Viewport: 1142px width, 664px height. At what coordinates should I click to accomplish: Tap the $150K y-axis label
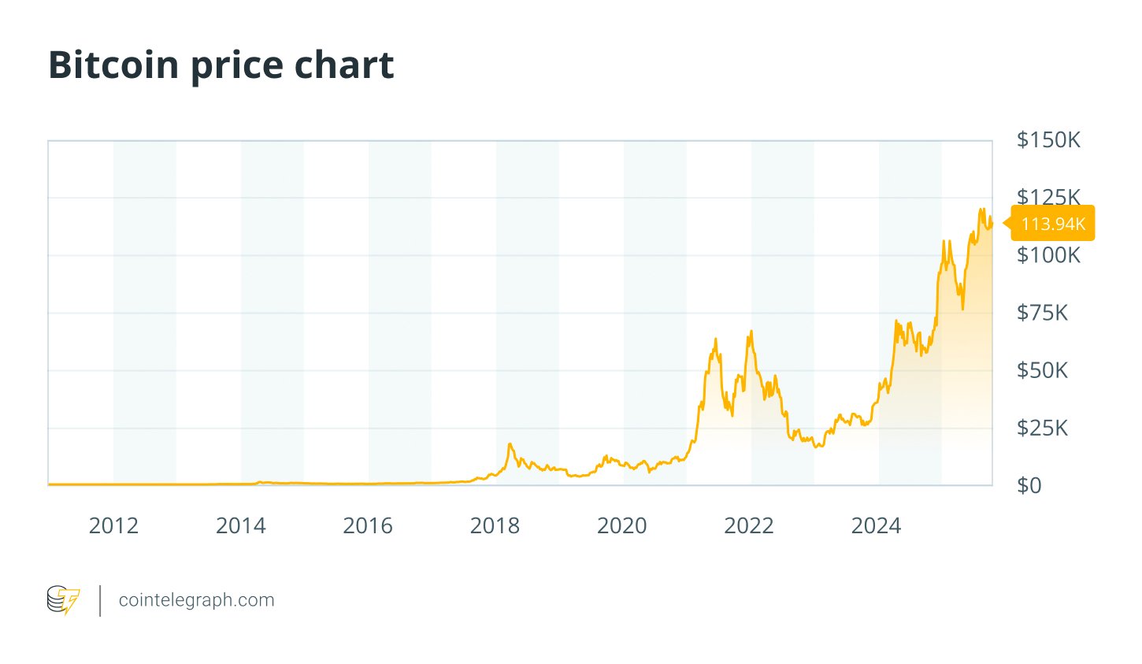point(1048,140)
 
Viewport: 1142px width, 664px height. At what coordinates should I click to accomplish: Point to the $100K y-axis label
point(1048,255)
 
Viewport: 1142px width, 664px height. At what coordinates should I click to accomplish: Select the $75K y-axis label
point(1042,313)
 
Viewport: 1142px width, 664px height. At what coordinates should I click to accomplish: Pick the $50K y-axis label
point(1042,370)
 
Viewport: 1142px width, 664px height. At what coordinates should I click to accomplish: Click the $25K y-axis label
point(1042,428)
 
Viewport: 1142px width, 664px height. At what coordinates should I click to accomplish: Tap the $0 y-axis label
point(1029,485)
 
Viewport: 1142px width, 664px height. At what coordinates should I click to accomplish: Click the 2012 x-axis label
point(113,526)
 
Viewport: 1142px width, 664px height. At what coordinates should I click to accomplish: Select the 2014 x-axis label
point(241,526)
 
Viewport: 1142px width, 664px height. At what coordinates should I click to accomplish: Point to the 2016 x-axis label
point(368,526)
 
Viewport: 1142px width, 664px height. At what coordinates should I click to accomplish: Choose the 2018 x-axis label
point(495,526)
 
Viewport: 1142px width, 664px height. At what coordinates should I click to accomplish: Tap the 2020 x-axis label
point(622,526)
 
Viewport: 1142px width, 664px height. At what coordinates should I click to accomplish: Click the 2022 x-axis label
point(749,526)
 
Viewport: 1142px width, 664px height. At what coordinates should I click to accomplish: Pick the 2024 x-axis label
point(876,526)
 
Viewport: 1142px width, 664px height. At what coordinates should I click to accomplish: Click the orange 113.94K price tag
point(1053,224)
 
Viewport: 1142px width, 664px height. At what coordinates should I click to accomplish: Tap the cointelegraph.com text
point(196,600)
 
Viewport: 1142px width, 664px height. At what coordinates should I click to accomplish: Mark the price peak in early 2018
point(510,445)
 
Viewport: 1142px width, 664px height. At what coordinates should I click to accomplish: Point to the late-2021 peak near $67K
point(751,332)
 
